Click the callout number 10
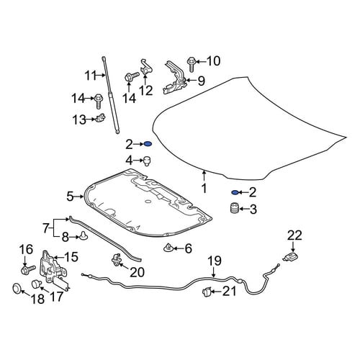coord(213,61)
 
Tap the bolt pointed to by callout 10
coord(192,64)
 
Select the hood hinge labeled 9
coord(175,78)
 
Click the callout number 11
coord(91,76)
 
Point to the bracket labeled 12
coord(145,67)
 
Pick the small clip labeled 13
coord(101,118)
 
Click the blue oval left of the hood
coord(148,144)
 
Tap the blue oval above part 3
coord(235,192)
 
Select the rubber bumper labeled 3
coord(235,208)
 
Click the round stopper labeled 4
coord(147,161)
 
